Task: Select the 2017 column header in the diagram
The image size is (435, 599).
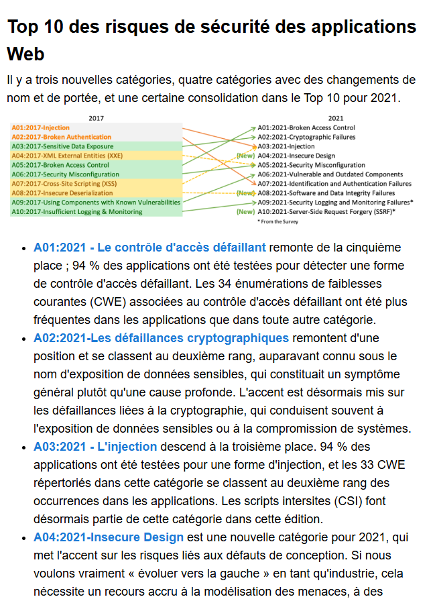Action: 97,118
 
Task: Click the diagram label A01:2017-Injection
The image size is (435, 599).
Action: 41,127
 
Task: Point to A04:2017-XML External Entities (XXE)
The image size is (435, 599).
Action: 67,156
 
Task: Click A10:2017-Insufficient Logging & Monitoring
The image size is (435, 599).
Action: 77,211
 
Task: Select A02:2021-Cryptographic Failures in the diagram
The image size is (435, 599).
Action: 306,137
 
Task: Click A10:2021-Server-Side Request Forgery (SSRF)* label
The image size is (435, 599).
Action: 327,211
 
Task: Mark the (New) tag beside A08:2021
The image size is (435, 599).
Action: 245,193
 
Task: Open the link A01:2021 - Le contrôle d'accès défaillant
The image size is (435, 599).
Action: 149,247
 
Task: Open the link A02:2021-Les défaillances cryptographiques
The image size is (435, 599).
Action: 161,337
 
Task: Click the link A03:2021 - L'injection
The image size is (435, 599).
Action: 95,446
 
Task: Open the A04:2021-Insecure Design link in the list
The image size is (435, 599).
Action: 108,537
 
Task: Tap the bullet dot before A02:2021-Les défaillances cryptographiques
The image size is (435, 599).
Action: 25,338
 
